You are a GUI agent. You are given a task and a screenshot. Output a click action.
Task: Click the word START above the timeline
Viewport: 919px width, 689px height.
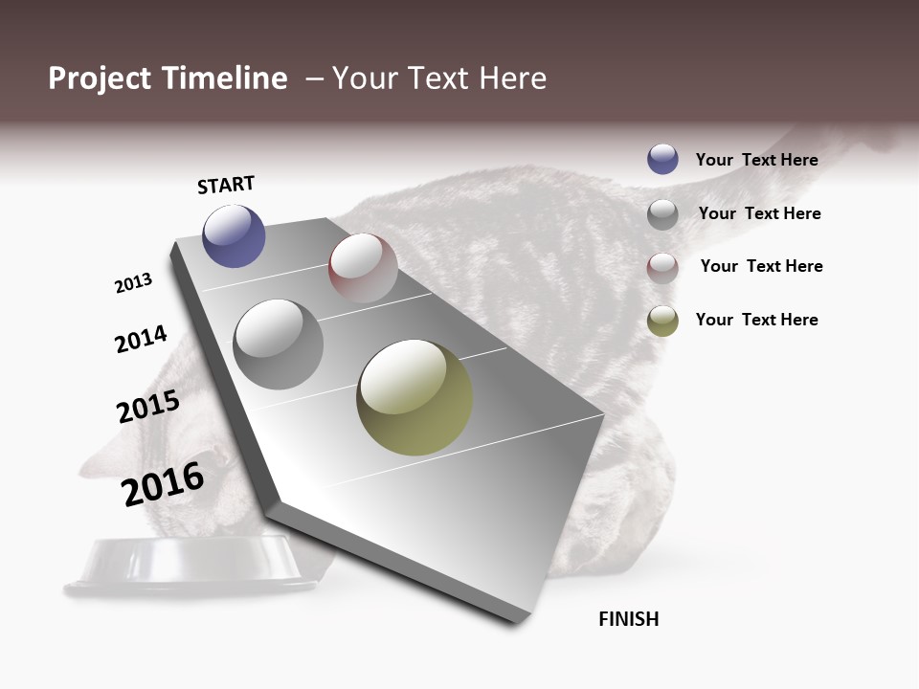pyautogui.click(x=226, y=185)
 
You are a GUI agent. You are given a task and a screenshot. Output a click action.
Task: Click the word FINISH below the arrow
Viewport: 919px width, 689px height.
pyautogui.click(x=629, y=619)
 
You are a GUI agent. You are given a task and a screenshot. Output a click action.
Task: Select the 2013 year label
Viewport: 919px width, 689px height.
pyautogui.click(x=133, y=283)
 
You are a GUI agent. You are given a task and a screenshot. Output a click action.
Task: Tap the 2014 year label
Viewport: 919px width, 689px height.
pyautogui.click(x=141, y=339)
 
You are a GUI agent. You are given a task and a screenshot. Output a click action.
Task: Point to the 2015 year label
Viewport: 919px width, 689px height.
pyautogui.click(x=148, y=406)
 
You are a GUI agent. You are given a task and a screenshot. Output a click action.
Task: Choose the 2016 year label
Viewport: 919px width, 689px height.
pyautogui.click(x=163, y=483)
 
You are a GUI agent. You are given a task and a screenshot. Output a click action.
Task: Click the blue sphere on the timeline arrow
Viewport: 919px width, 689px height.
pyautogui.click(x=234, y=236)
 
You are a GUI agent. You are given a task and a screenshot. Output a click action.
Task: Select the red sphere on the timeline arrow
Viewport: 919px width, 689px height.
pyautogui.click(x=363, y=268)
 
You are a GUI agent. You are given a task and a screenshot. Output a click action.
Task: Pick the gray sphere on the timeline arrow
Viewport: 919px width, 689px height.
pyautogui.click(x=279, y=344)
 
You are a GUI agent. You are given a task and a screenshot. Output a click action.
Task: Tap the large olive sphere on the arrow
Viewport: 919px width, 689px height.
pyautogui.click(x=415, y=397)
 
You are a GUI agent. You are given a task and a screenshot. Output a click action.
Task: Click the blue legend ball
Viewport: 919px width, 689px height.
pyautogui.click(x=662, y=159)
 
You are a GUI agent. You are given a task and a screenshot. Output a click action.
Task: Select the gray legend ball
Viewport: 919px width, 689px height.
pyautogui.click(x=662, y=214)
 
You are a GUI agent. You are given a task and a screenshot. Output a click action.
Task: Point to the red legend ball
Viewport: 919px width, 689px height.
pyautogui.click(x=662, y=268)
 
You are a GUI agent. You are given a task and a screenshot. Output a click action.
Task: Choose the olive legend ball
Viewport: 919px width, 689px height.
pyautogui.click(x=662, y=321)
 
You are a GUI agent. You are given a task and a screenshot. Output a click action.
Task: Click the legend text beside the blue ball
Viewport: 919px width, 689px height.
pyautogui.click(x=756, y=160)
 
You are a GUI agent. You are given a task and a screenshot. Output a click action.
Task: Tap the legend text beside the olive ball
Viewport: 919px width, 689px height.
pyautogui.click(x=756, y=320)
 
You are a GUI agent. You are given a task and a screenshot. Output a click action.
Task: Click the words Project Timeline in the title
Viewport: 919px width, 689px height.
pyautogui.click(x=168, y=78)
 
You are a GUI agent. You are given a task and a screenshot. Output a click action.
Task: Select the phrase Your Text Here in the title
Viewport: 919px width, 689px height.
pyautogui.click(x=439, y=78)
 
